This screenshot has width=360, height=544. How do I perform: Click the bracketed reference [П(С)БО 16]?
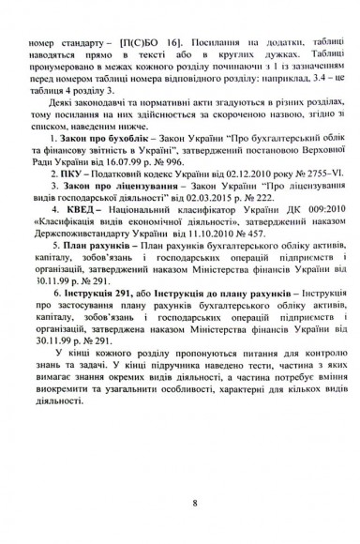click(145, 43)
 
